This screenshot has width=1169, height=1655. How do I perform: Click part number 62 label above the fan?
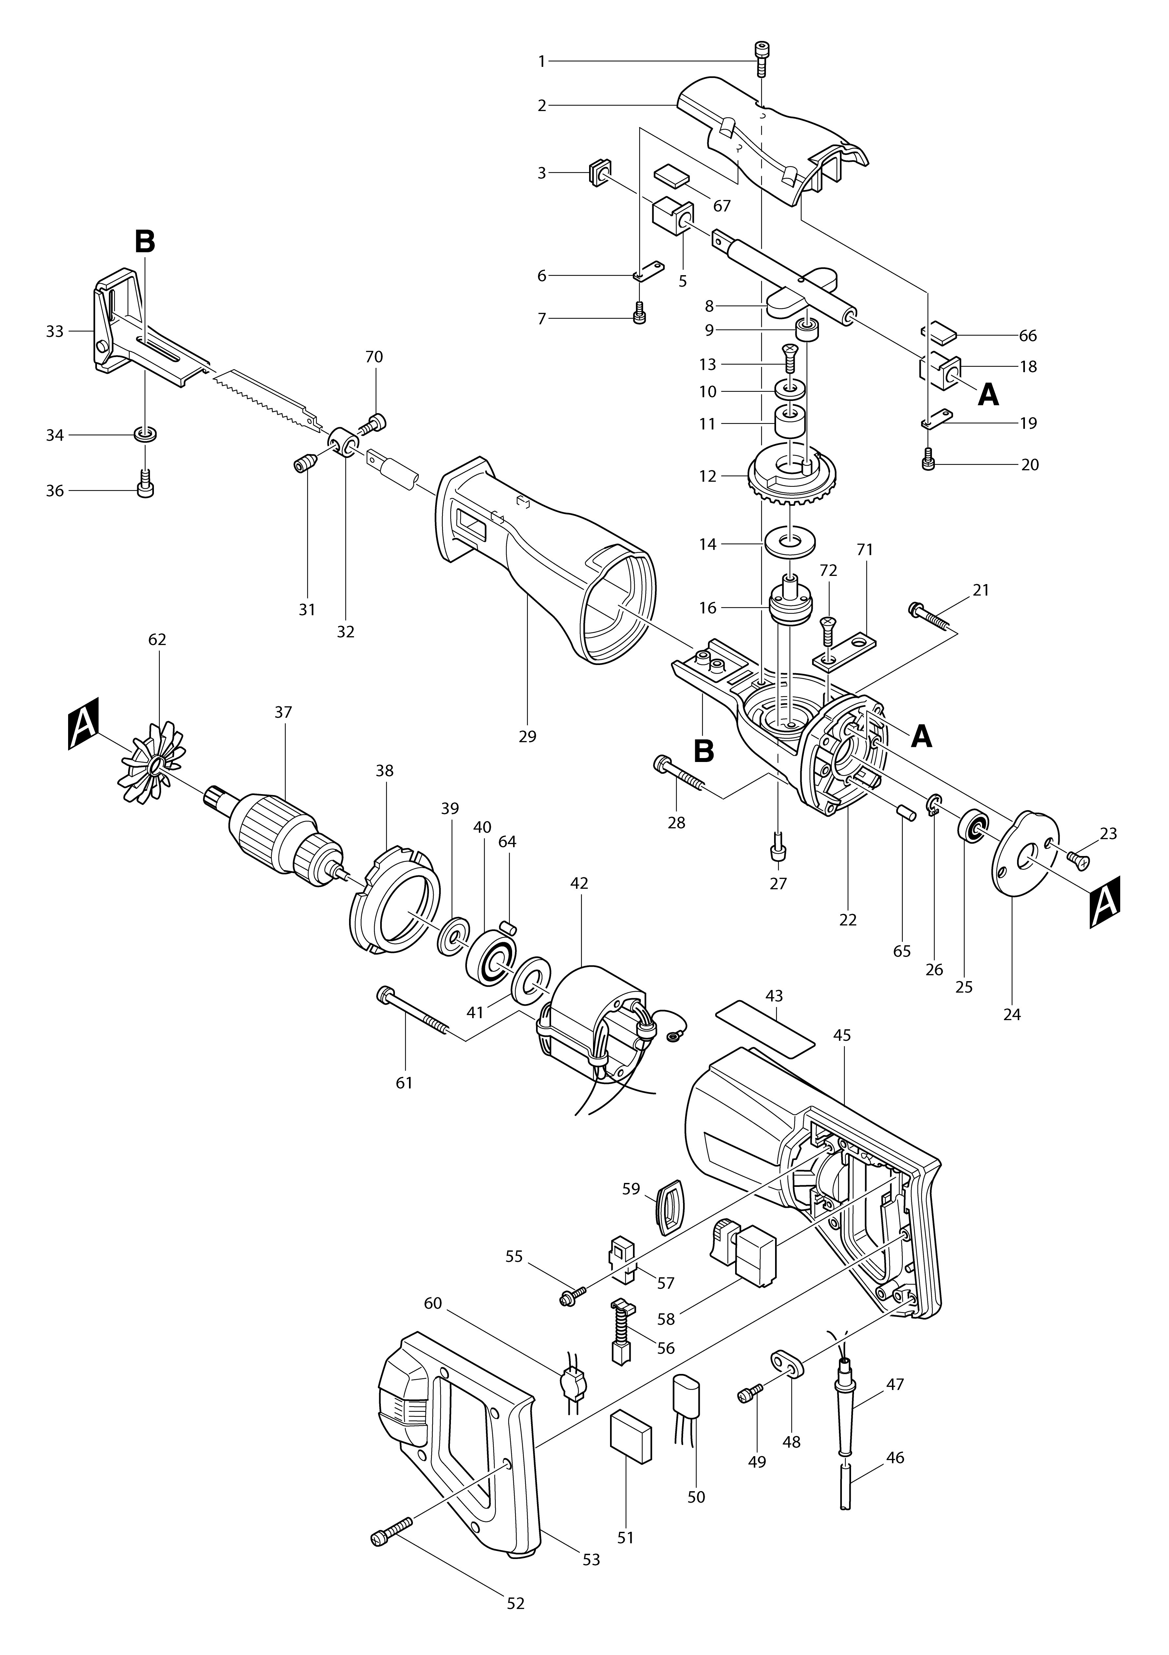pyautogui.click(x=157, y=639)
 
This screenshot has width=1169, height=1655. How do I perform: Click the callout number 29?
pyautogui.click(x=528, y=737)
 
